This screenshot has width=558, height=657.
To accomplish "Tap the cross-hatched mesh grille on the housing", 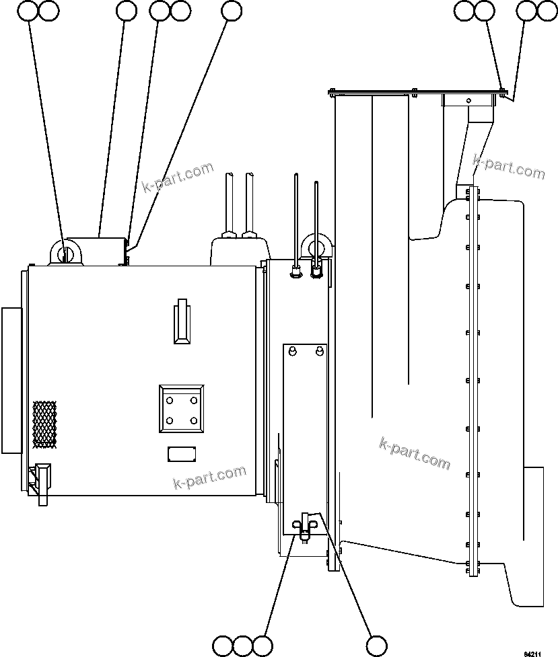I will coord(44,424).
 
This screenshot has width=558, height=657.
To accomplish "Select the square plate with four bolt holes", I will coord(182,410).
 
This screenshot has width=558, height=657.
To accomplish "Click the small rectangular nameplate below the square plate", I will coord(182,454).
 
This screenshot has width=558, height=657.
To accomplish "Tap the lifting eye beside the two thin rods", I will coord(316,246).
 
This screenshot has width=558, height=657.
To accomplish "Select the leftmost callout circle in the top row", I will coord(28,10).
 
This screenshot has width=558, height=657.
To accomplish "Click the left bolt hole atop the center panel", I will coord(293,351).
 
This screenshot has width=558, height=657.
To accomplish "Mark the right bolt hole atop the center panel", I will coord(319,351).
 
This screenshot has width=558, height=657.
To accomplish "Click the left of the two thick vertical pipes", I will coord(230,202).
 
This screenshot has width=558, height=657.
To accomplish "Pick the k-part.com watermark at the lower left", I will coord(209,478).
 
